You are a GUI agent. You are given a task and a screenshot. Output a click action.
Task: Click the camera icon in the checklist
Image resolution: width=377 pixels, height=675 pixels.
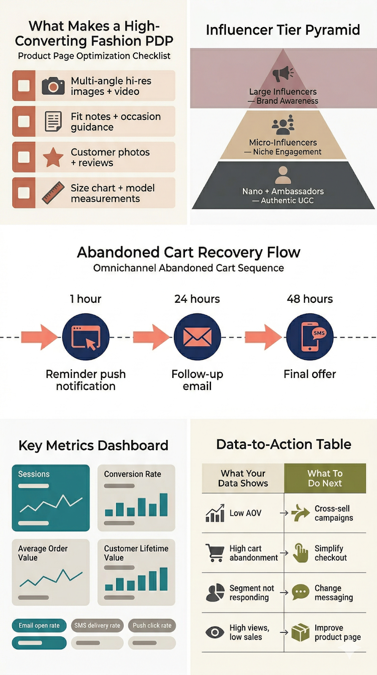(x=53, y=86)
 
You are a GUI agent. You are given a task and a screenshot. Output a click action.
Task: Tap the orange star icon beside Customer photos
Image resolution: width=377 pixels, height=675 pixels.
(x=53, y=157)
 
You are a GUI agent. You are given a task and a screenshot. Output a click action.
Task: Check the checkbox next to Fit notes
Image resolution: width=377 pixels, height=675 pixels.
(x=24, y=121)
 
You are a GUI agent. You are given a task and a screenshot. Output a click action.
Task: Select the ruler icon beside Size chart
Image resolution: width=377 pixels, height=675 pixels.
(x=53, y=193)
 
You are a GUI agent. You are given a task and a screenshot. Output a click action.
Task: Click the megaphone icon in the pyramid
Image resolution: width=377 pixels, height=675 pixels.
(x=282, y=73)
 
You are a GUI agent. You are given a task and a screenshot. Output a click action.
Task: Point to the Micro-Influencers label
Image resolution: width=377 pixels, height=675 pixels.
(x=283, y=143)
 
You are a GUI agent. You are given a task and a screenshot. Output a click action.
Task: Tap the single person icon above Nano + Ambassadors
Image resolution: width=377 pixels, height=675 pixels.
(x=283, y=173)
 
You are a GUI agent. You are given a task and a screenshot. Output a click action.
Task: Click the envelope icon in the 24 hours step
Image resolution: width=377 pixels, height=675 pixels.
(x=197, y=337)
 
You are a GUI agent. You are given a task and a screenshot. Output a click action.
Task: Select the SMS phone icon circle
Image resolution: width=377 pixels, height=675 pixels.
(x=310, y=337)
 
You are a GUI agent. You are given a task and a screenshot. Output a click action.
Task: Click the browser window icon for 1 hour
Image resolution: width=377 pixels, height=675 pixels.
(x=86, y=337)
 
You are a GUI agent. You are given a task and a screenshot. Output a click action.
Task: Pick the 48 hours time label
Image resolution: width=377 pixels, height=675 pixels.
(x=310, y=299)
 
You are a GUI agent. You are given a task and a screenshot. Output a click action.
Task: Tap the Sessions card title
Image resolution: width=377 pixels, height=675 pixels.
(x=34, y=474)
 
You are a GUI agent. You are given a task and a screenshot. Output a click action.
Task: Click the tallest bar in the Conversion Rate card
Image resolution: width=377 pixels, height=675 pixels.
(x=163, y=505)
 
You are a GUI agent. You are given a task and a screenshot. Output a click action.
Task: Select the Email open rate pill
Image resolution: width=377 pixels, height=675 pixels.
(x=39, y=626)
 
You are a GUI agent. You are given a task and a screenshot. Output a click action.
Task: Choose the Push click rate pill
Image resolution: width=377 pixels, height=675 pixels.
(x=152, y=626)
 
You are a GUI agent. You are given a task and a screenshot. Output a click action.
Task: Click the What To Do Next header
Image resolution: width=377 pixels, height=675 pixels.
(x=325, y=478)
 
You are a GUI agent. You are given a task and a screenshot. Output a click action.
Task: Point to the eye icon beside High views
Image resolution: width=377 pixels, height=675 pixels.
(x=215, y=632)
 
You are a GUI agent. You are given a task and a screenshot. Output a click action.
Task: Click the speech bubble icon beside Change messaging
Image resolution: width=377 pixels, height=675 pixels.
(x=300, y=592)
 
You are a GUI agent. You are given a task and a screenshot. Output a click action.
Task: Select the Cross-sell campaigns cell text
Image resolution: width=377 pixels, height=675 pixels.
(x=334, y=513)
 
